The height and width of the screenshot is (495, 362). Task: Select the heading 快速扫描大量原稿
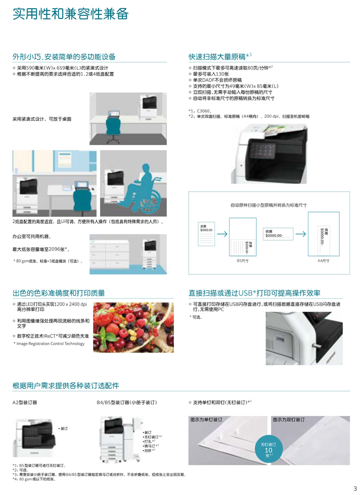[x=217, y=56]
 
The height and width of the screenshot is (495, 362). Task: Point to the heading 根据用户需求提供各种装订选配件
[x=66, y=386]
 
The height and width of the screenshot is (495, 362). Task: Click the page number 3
[x=355, y=489]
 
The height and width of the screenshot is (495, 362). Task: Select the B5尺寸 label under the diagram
[x=242, y=260]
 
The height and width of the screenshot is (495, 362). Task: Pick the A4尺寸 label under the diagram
[x=323, y=260]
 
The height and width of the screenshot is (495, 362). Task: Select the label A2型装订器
[x=25, y=403]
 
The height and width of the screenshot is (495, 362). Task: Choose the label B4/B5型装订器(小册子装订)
[x=126, y=403]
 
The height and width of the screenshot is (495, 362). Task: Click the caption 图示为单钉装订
[x=206, y=420]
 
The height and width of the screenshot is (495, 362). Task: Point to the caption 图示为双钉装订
[x=289, y=420]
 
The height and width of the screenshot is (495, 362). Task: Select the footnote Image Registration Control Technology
[x=50, y=344]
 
